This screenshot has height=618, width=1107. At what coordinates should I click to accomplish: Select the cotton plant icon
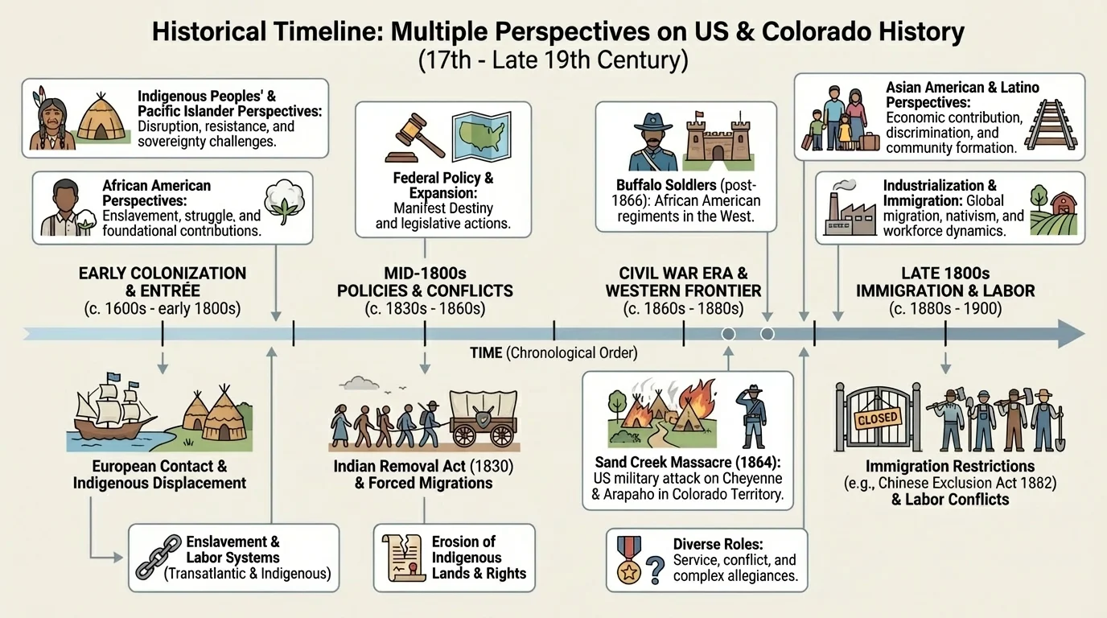286,208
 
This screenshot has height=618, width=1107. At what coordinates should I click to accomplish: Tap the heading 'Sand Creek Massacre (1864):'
685,463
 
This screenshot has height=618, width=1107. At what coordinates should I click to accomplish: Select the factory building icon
850,212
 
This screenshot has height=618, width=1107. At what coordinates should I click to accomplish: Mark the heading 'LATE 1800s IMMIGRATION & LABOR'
945,282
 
